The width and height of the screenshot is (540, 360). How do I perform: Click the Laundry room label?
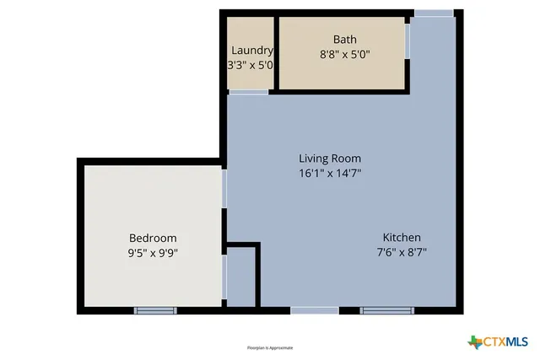pyautogui.click(x=251, y=50)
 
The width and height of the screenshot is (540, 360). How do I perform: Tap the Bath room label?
pyautogui.click(x=344, y=39)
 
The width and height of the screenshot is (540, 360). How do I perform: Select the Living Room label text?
pyautogui.click(x=330, y=158)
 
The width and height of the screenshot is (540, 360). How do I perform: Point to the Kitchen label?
pyautogui.click(x=402, y=237)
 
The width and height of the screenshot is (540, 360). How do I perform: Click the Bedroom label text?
pyautogui.click(x=153, y=238)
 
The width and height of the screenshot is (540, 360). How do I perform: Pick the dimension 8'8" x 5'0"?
pyautogui.click(x=344, y=54)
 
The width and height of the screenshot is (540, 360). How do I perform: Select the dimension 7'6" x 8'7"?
pyautogui.click(x=402, y=252)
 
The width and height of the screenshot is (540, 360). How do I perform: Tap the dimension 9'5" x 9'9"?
pyautogui.click(x=153, y=252)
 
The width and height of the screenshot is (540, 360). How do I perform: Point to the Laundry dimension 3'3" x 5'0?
pyautogui.click(x=251, y=64)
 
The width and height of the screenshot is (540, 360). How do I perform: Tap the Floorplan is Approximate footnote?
pyautogui.click(x=270, y=347)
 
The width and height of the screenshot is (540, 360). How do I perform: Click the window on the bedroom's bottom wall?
pyautogui.click(x=155, y=310)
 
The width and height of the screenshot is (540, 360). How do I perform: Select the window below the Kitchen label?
pyautogui.click(x=387, y=310)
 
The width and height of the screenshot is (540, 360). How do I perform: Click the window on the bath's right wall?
pyautogui.click(x=408, y=40)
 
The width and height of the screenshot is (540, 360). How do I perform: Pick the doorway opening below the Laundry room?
pyautogui.click(x=249, y=92)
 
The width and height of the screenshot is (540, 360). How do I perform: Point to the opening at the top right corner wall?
pyautogui.click(x=434, y=13)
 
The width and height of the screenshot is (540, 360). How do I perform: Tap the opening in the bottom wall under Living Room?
pyautogui.click(x=315, y=310)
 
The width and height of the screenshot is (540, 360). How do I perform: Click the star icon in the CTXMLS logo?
pyautogui.click(x=474, y=341)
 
